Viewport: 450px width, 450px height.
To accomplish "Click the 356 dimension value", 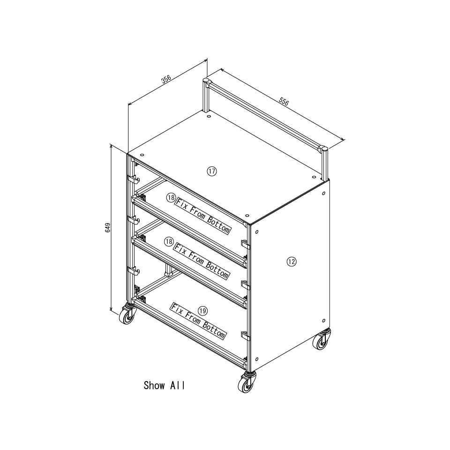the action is click(166, 79).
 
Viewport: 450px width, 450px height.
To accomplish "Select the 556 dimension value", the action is click(284, 102).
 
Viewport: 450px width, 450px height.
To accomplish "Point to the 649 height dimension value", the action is click(108, 228).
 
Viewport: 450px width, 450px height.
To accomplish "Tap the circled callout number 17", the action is click(212, 172).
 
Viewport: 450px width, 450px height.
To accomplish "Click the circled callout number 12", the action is click(291, 262).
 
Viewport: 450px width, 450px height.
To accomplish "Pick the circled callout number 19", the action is click(203, 310).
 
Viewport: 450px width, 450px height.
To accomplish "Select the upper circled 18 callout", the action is click(171, 197).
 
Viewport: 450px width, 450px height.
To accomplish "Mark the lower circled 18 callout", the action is click(169, 242).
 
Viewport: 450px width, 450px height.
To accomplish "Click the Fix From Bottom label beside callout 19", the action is click(199, 321).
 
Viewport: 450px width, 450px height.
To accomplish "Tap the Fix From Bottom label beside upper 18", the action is click(202, 216).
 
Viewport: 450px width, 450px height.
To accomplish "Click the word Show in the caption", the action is click(154, 385).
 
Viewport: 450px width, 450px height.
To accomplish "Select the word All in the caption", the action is click(178, 385).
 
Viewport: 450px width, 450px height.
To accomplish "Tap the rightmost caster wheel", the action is click(322, 340).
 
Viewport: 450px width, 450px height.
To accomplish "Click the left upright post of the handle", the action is click(206, 95).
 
